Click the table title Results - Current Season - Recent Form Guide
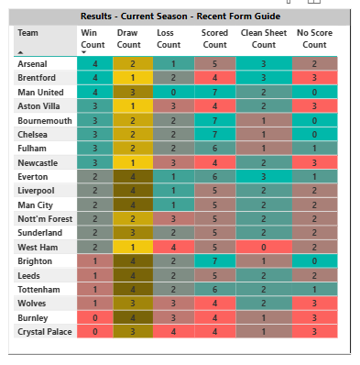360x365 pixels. point(180,17)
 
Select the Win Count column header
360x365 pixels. point(93,39)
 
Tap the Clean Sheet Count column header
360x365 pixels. point(263,39)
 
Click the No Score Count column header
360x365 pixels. point(314,39)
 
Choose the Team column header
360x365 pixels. point(28,32)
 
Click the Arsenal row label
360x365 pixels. point(32,63)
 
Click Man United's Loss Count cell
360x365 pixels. point(171,92)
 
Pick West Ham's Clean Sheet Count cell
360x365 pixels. point(263,246)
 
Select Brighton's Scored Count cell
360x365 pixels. point(215,260)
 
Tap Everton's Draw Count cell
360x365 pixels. point(134,176)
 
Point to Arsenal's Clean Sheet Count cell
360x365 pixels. point(263,63)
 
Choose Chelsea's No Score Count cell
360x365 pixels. point(314,134)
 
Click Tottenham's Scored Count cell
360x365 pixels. point(215,288)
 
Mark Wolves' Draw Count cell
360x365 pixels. point(134,302)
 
